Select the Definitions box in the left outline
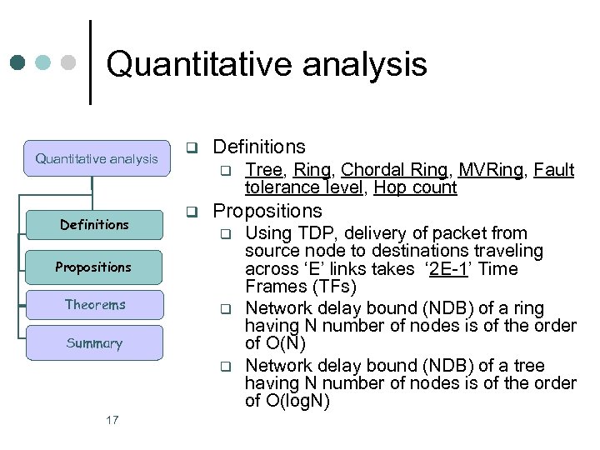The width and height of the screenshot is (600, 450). coord(94,224)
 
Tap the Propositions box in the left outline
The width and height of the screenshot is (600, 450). coord(93,267)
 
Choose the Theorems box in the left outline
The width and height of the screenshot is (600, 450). coord(95,305)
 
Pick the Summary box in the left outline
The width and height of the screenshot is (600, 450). coord(94,343)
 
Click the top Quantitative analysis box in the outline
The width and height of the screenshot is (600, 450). coord(96,158)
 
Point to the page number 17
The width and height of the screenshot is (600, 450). coord(112,420)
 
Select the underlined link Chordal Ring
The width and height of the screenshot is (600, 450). coord(394,170)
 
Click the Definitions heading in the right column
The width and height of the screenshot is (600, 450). coord(259,147)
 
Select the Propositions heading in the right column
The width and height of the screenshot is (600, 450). coord(267,211)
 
